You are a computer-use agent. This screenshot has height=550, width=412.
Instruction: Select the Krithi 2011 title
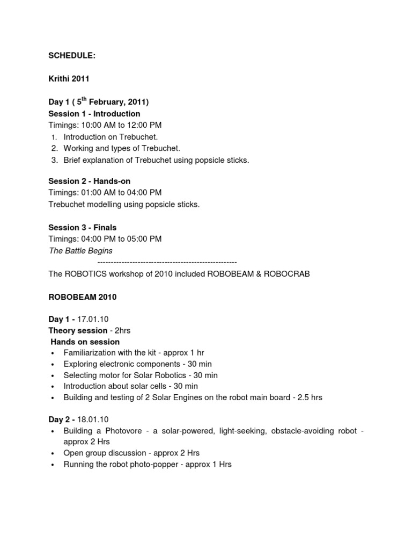pos(69,78)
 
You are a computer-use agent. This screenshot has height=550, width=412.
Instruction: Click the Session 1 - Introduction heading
pos(94,114)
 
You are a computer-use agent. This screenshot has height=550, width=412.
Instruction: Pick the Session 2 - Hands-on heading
pos(90,182)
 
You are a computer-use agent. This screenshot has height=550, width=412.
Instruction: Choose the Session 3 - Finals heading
pos(83,228)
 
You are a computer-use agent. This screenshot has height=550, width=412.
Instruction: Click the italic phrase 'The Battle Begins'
pos(80,251)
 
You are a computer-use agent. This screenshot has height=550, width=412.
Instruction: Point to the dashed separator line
pos(167,262)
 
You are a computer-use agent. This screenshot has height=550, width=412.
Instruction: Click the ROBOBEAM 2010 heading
pos(83,297)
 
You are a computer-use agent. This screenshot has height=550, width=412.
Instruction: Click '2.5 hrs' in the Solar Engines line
pos(308,398)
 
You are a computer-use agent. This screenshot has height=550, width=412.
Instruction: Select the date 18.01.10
pos(93,419)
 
